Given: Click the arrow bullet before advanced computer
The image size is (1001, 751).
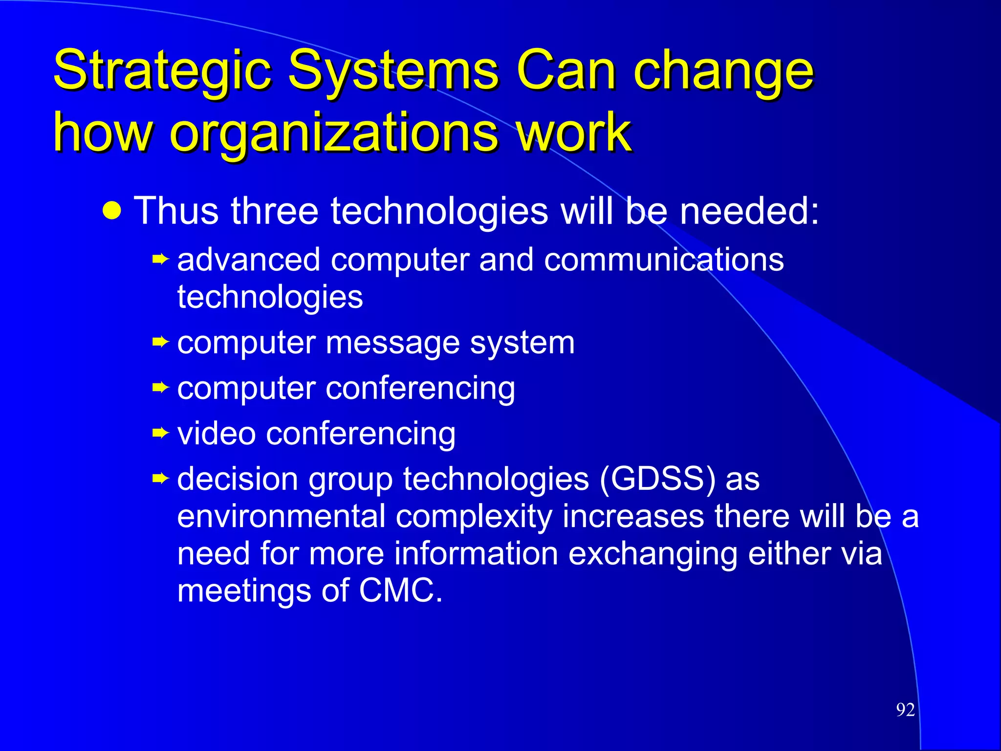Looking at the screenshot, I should click(x=160, y=259).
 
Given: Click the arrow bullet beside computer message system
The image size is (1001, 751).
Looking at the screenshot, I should click(x=160, y=342).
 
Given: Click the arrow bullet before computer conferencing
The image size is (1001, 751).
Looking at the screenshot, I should click(x=160, y=388).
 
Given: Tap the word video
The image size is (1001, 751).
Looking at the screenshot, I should click(x=217, y=433).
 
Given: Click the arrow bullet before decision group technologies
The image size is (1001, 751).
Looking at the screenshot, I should click(x=160, y=478).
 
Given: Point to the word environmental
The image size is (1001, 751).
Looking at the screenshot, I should click(x=282, y=516).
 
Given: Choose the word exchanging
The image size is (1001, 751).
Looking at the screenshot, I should click(x=653, y=554).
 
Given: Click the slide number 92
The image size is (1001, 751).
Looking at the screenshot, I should click(x=905, y=709).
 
